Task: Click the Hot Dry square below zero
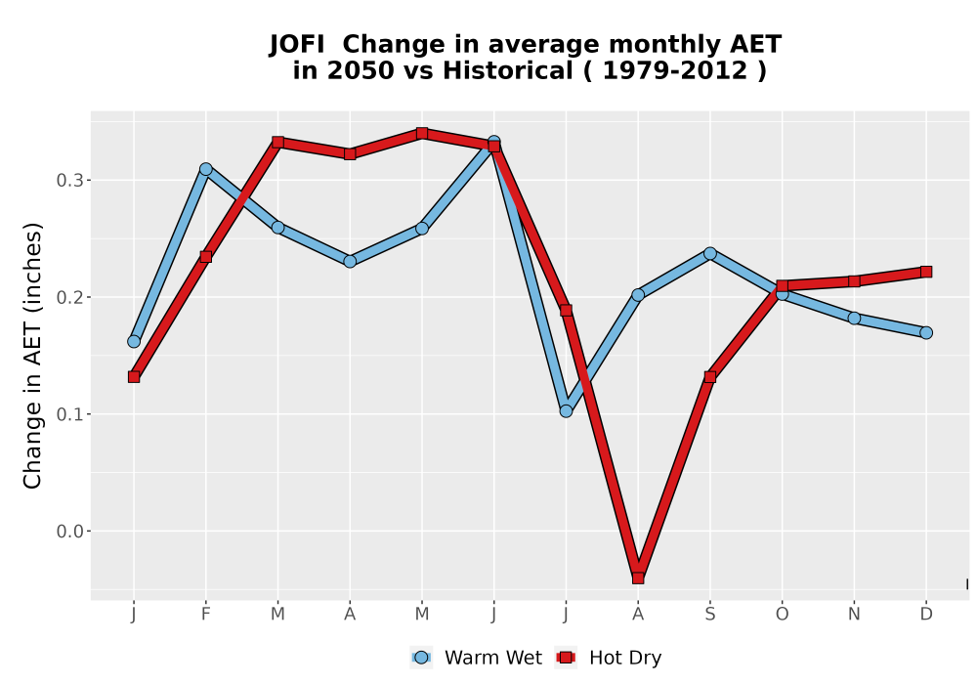tap(638, 578)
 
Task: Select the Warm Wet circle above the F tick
tap(205, 169)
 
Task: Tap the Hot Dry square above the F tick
tap(205, 257)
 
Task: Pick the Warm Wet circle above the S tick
tap(710, 253)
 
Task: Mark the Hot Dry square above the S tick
tap(710, 377)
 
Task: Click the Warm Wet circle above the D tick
tap(926, 332)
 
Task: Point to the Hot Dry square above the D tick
tap(926, 272)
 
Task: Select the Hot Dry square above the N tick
tap(854, 281)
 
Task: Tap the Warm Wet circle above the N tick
tap(854, 319)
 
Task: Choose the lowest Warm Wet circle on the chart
tap(566, 411)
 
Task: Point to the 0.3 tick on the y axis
tap(88, 180)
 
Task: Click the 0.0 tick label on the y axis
tap(69, 532)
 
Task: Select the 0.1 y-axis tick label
tap(69, 414)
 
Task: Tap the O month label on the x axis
tap(782, 615)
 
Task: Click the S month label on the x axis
tap(710, 615)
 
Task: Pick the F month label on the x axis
tap(205, 615)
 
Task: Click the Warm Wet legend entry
tap(477, 658)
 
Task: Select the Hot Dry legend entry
tap(609, 658)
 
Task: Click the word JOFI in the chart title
tap(297, 45)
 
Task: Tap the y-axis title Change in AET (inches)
tap(32, 356)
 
